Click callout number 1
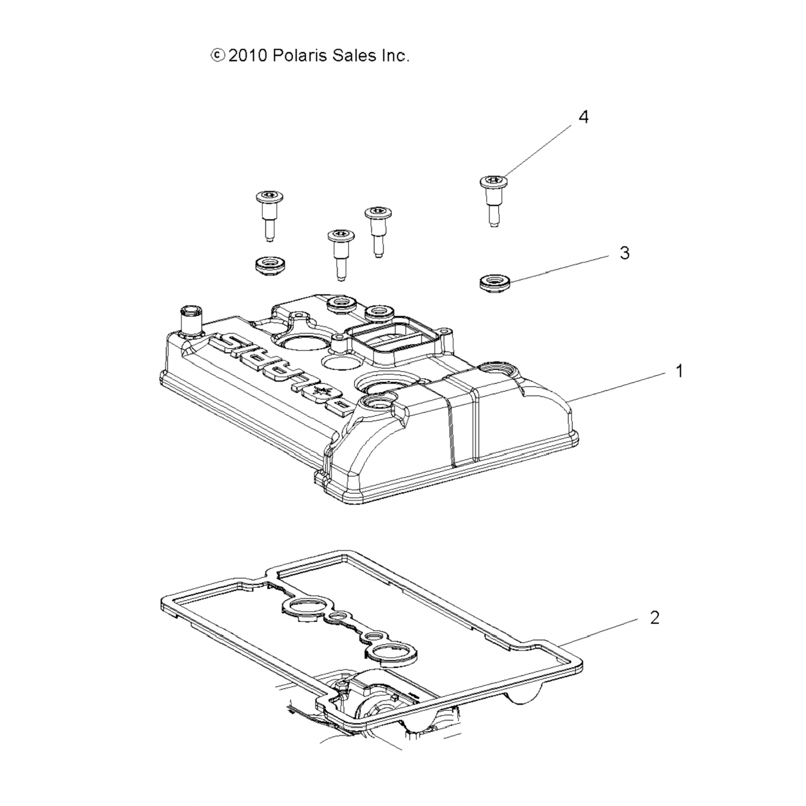coord(679,371)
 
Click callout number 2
coord(654,617)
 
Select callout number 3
coord(624,253)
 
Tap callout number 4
coord(584,117)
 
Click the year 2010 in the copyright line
coord(248,55)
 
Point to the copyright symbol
coord(217,55)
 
